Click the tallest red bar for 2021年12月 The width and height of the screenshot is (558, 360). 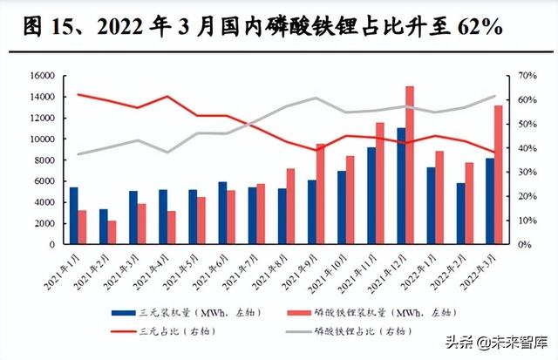point(410,166)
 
